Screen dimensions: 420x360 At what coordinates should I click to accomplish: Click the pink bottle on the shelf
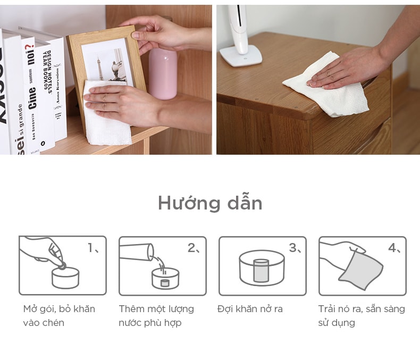(x=163, y=74)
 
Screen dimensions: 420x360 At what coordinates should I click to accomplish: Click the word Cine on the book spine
(x=32, y=98)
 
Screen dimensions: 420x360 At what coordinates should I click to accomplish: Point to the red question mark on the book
(x=30, y=48)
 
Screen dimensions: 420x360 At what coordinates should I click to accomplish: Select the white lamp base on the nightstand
(x=240, y=55)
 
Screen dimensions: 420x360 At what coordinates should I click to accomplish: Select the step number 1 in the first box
(x=90, y=247)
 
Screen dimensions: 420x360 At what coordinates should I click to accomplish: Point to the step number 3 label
(x=293, y=248)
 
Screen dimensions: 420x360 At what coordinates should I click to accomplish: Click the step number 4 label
(x=393, y=248)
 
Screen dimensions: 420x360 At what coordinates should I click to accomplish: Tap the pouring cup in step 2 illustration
(x=137, y=252)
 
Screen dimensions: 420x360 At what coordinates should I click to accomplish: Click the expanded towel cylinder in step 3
(x=261, y=271)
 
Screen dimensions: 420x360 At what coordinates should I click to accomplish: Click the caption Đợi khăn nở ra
(x=250, y=309)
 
